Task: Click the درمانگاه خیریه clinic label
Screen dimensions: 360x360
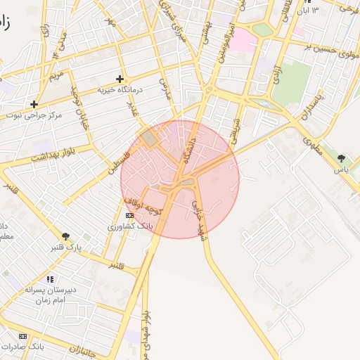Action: [119, 90]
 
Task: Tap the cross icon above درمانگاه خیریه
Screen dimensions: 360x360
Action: [120, 79]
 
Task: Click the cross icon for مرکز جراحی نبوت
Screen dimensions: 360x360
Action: [34, 104]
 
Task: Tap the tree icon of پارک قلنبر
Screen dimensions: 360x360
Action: [66, 237]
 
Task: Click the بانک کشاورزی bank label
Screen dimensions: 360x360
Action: [129, 226]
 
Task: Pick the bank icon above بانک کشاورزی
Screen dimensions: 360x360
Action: [129, 215]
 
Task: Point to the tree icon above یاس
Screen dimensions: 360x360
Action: [342, 158]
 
